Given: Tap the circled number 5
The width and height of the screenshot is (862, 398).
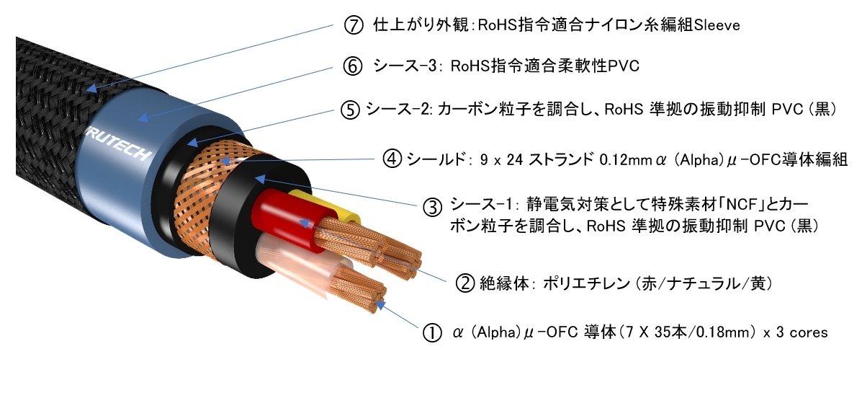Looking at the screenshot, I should point(349,111).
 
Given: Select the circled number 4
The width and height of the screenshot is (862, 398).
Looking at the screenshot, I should point(392,159).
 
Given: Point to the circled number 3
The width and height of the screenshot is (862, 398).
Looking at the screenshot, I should point(432,208).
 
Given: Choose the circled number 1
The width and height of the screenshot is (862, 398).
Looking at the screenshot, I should point(431,333).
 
